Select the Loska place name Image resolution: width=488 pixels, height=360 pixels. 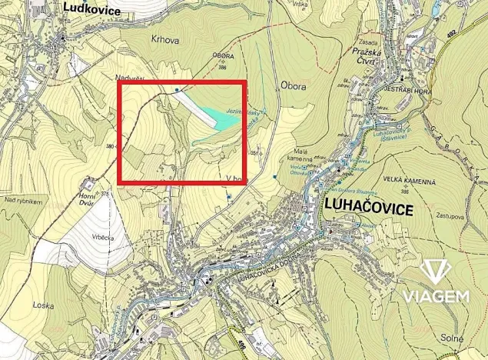42,305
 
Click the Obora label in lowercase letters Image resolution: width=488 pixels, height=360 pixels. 294,86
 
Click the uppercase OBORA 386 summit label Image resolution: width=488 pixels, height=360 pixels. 223,62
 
